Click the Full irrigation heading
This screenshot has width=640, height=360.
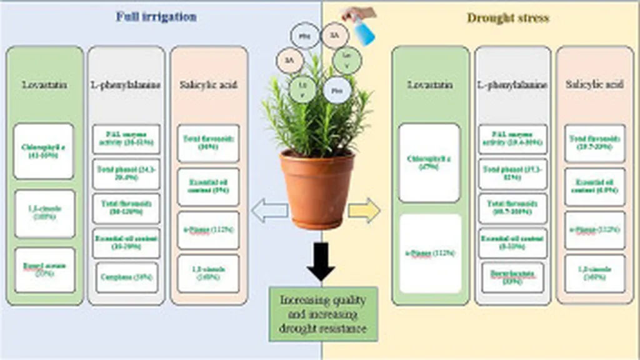coord(156,17)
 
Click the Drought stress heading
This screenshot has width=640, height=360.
coord(508,17)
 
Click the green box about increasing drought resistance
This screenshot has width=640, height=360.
coord(323,314)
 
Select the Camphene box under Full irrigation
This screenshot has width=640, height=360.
coord(126,276)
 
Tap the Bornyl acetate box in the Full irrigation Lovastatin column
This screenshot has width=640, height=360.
coord(45,270)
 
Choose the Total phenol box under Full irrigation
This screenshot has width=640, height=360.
coord(126,174)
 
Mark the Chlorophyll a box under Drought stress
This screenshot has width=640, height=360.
coord(429,162)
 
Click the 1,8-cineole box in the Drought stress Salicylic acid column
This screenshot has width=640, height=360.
coord(594,274)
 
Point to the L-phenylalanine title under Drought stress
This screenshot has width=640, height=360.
coord(512,84)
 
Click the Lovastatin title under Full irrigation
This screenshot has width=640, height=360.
coord(44,84)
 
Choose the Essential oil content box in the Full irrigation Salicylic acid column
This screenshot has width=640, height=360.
coord(208,186)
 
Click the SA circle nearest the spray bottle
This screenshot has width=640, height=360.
coord(334,35)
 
